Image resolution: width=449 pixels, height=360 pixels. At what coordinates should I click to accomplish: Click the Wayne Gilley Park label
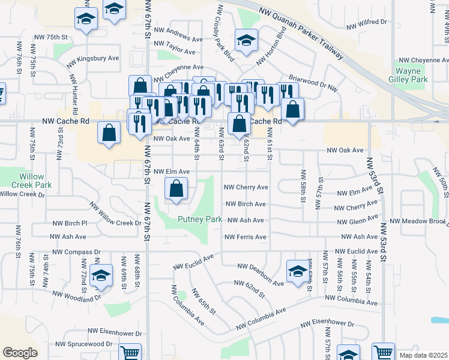click(x=412, y=75)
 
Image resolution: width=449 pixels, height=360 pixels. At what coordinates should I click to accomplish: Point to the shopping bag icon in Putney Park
click(x=176, y=190)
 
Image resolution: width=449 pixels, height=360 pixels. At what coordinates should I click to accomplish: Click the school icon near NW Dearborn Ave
click(x=297, y=271)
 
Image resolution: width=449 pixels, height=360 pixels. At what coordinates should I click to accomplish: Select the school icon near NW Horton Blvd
click(x=246, y=40)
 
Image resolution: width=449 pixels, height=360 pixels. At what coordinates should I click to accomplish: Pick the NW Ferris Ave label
click(x=245, y=238)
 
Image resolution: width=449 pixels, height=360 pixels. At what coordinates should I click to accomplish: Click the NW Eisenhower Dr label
click(x=115, y=331)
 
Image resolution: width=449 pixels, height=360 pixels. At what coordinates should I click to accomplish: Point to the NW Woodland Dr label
click(x=77, y=296)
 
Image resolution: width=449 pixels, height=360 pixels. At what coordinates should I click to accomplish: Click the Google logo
click(x=20, y=352)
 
